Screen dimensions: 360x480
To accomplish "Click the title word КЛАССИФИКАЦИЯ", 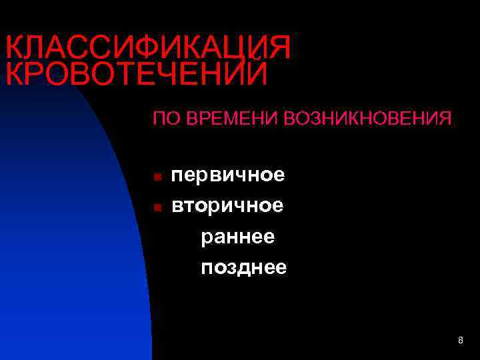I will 148,48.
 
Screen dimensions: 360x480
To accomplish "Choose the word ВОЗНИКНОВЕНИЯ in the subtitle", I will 367,119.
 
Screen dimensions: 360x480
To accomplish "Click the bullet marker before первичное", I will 156,177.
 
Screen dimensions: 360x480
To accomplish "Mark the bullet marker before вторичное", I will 156,207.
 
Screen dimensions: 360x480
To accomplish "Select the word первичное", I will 228,175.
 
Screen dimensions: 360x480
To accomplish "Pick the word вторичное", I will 227,205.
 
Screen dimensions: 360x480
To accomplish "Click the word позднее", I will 243,267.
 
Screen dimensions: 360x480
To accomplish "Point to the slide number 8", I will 460,341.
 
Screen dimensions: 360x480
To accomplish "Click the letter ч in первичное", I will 246,175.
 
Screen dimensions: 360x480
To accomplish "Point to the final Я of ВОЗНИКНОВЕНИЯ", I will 444,119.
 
